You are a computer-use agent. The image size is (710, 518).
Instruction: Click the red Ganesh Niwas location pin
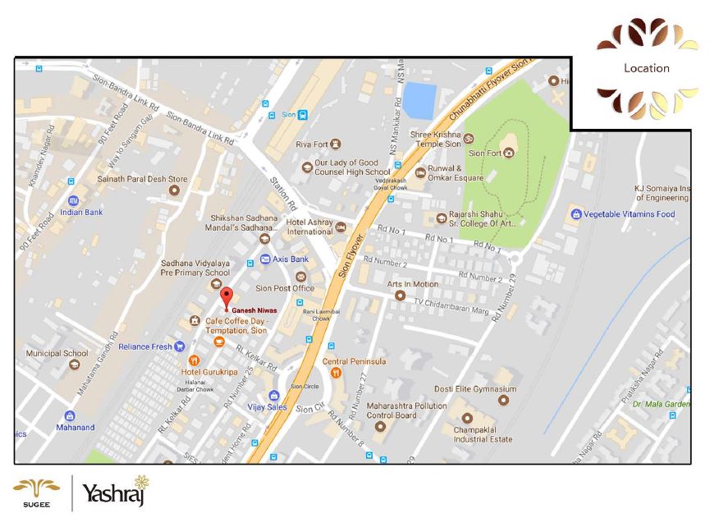(227, 297)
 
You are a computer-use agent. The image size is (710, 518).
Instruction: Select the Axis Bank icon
(264, 259)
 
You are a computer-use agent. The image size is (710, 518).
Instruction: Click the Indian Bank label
(81, 212)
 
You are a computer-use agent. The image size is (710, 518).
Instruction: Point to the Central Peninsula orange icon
(337, 374)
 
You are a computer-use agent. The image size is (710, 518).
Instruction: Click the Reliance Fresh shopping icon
(179, 346)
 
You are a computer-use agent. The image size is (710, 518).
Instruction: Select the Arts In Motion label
(414, 284)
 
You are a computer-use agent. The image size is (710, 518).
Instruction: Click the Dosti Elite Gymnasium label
(476, 389)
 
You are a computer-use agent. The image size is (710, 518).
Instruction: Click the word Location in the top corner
(646, 68)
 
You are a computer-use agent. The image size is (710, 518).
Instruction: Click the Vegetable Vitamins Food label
(629, 214)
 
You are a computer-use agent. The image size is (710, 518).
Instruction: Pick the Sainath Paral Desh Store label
(143, 179)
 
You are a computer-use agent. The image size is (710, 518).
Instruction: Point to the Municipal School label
(57, 353)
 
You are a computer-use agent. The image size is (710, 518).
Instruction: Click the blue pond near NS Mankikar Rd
(419, 101)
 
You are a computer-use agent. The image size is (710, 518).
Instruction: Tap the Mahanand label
(76, 427)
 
